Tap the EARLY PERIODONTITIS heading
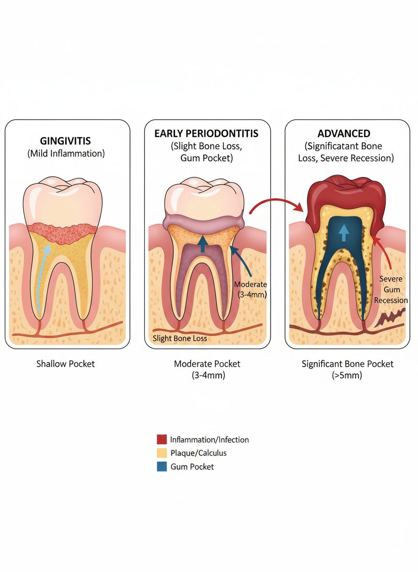click(x=206, y=133)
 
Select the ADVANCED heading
click(x=343, y=133)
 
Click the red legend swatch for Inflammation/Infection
click(x=162, y=440)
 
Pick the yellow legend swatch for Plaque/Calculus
click(x=162, y=453)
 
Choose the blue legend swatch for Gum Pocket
click(x=162, y=467)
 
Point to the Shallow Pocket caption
click(x=66, y=364)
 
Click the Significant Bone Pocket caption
click(x=347, y=364)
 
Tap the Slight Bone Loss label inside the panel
click(x=180, y=338)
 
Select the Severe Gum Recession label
click(x=391, y=289)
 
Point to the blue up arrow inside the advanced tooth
click(x=343, y=233)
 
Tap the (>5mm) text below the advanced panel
click(x=347, y=375)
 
